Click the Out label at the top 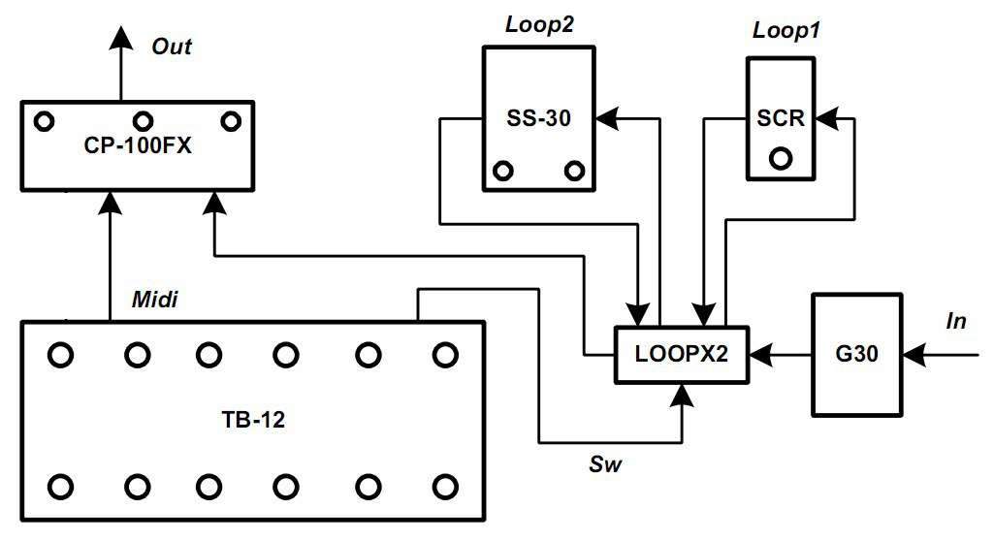point(172,47)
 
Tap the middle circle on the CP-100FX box point(143,121)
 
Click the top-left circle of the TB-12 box point(60,355)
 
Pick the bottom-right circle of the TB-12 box point(444,485)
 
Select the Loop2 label point(539,26)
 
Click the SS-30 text point(538,118)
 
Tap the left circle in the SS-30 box point(502,171)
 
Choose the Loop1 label point(786,30)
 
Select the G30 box point(856,355)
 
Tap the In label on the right point(956,322)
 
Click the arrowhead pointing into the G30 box point(913,355)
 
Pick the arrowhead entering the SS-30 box point(607,118)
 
